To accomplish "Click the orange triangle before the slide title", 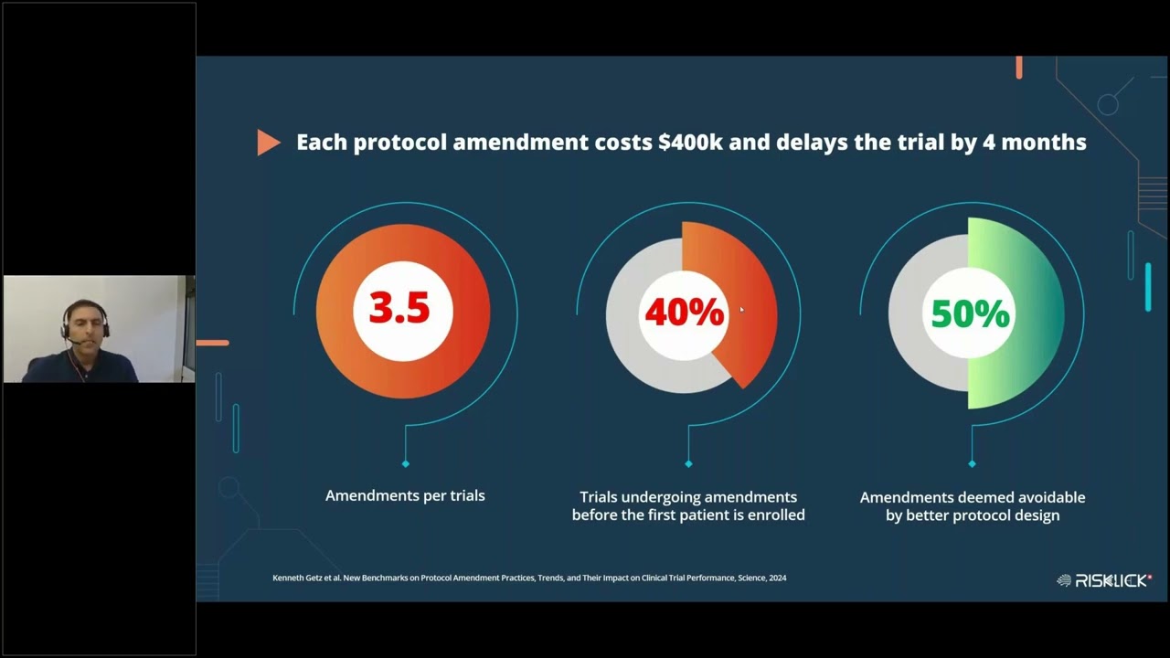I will (x=268, y=143).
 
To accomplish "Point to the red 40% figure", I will (x=684, y=313).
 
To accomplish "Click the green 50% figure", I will (x=970, y=314).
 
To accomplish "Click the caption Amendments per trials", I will (x=405, y=495).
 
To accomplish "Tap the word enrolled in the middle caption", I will (x=771, y=515).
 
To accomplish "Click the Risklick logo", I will (x=1104, y=579).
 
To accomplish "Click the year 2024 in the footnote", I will (x=776, y=578).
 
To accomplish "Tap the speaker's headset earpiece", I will (x=67, y=326).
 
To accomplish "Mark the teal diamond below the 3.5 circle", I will (x=406, y=463).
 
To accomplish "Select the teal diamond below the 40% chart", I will (x=688, y=463).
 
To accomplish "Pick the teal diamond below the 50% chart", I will (x=972, y=463).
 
